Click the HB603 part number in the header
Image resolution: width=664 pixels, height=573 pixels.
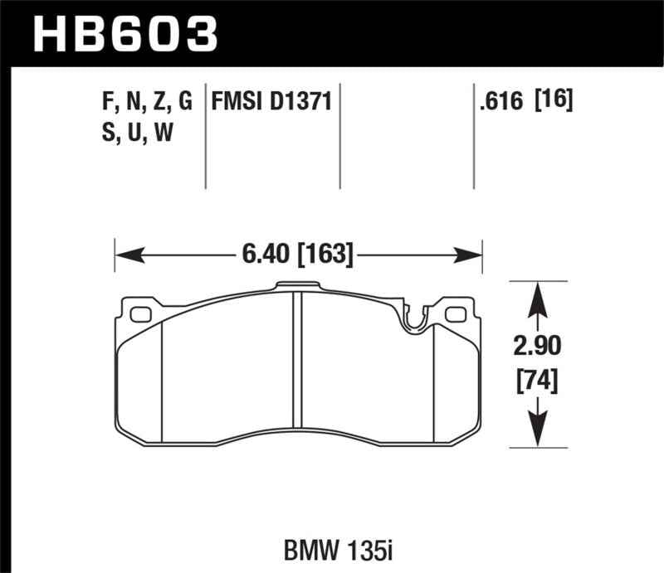click(x=124, y=34)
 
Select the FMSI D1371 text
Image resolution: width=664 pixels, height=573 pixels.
click(x=272, y=102)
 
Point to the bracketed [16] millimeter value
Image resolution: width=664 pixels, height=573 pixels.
click(x=554, y=102)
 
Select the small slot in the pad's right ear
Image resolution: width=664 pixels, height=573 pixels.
click(x=456, y=314)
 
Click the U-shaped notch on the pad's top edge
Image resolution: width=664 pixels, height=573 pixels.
click(x=413, y=319)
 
